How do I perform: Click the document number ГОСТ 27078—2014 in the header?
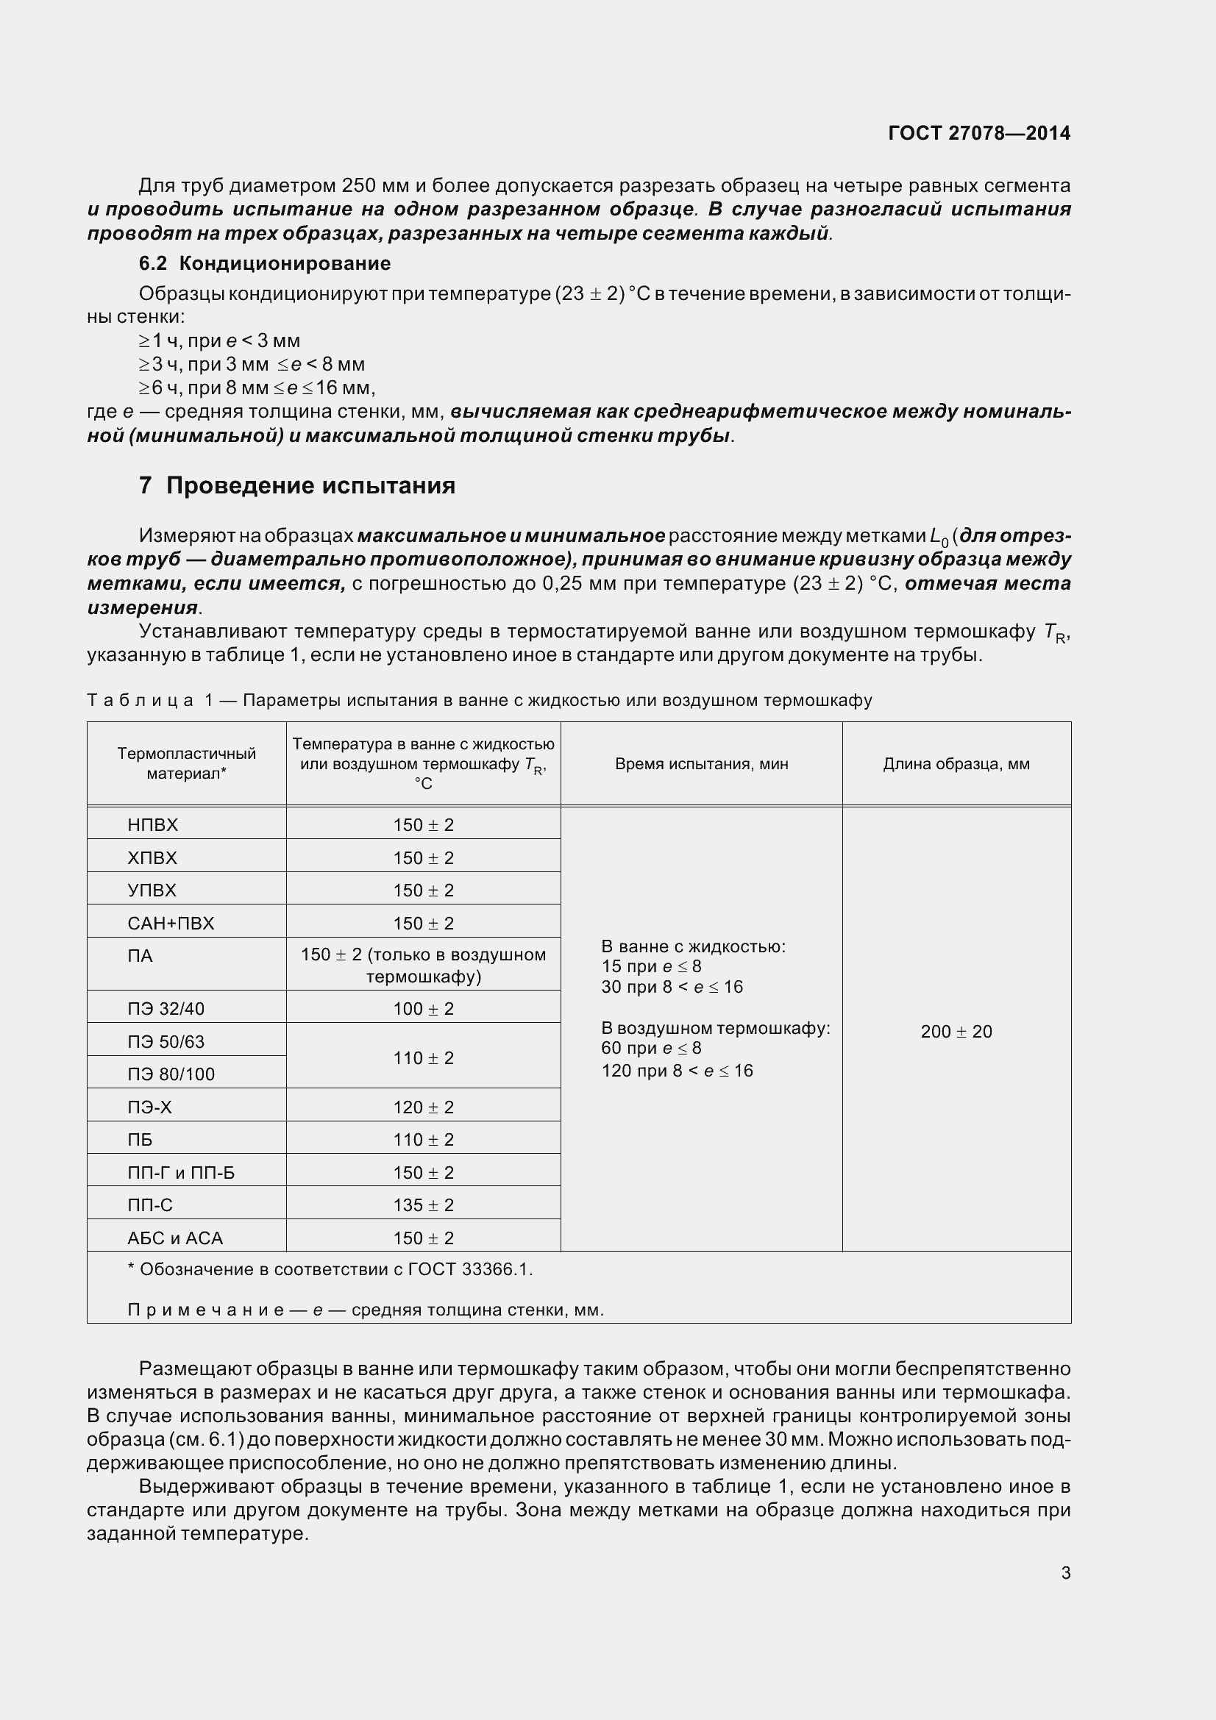[978, 133]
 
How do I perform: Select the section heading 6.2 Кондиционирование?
[265, 264]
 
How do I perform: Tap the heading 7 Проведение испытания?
[296, 485]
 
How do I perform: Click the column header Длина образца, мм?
[956, 764]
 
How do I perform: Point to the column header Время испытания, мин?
[701, 764]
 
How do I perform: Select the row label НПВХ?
[153, 825]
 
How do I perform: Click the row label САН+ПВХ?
[171, 923]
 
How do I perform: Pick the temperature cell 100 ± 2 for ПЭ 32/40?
[423, 1008]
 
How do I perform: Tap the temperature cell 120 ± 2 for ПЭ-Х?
[423, 1107]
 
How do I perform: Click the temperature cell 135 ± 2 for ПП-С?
[423, 1205]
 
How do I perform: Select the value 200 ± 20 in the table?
[956, 1032]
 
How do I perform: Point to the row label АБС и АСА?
[175, 1238]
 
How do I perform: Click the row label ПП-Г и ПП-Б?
[180, 1172]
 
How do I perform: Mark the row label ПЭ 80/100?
[171, 1074]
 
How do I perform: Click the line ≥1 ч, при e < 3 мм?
[219, 341]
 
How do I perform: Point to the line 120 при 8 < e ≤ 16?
[677, 1071]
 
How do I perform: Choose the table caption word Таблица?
[140, 701]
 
